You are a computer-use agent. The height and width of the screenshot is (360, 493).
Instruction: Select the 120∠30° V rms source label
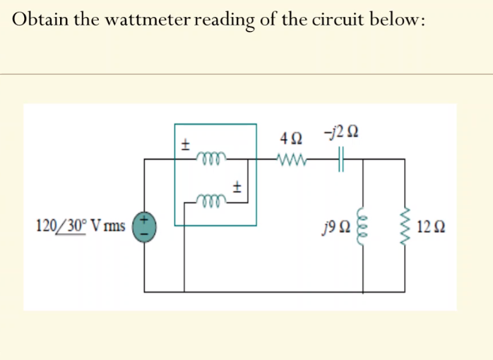click(x=81, y=227)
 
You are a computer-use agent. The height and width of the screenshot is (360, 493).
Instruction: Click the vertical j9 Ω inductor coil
click(x=364, y=226)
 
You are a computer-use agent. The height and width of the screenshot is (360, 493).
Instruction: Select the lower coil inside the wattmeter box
click(x=209, y=200)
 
